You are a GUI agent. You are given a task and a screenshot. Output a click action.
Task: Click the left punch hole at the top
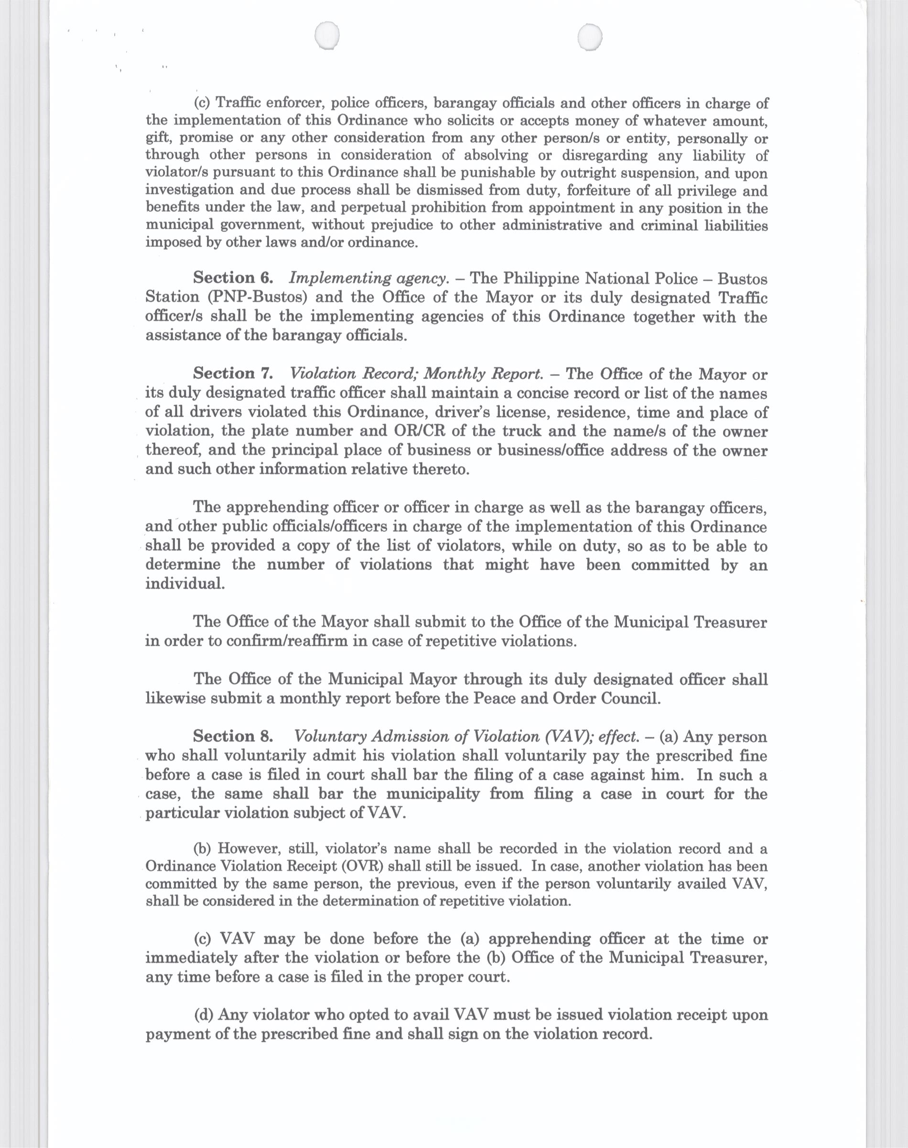(327, 37)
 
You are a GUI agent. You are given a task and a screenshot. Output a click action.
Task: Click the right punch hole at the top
(590, 37)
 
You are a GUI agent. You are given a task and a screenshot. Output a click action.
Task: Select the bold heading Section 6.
(233, 278)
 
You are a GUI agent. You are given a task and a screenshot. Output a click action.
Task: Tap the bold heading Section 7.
(233, 374)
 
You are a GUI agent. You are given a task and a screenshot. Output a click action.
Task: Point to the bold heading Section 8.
(233, 736)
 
